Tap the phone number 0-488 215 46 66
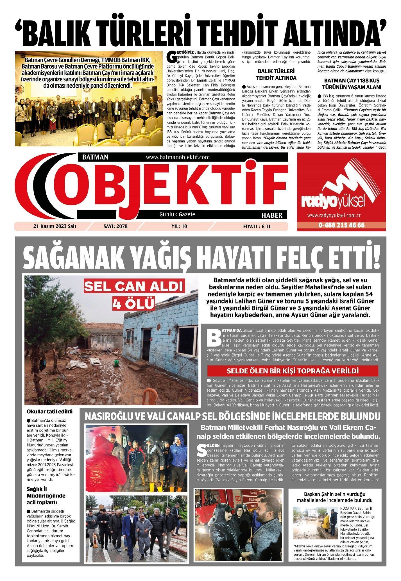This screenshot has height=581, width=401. pyautogui.click(x=341, y=225)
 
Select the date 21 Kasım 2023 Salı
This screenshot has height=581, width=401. pyautogui.click(x=55, y=226)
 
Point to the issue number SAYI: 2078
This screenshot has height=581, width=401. pyautogui.click(x=115, y=226)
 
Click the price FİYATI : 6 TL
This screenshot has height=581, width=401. pyautogui.click(x=257, y=226)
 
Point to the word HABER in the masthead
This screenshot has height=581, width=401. pyautogui.click(x=272, y=215)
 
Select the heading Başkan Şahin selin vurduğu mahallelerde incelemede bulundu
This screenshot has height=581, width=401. pyautogui.click(x=334, y=497)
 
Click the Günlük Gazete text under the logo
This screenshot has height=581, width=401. pyautogui.click(x=177, y=214)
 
